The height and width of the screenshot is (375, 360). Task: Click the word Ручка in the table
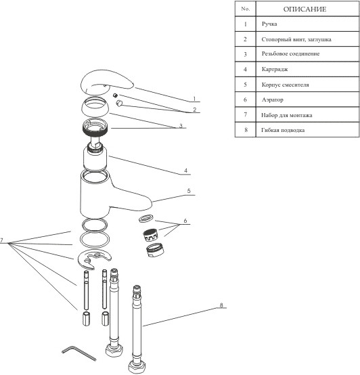tap(269, 24)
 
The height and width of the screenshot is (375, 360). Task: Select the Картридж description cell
tap(307, 69)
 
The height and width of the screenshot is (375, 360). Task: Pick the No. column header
tap(245, 9)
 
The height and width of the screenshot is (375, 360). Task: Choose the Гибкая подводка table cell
tap(307, 130)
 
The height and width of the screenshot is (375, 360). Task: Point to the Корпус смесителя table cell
tap(307, 85)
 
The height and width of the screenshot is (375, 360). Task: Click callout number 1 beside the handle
tap(194, 99)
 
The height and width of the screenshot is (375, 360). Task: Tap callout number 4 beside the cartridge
tap(185, 171)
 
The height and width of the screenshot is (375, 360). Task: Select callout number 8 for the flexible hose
tap(221, 305)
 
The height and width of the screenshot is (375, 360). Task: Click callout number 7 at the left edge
tap(1, 240)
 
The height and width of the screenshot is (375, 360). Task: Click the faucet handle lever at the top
tap(106, 81)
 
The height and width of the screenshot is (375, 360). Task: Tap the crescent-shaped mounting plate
tap(95, 258)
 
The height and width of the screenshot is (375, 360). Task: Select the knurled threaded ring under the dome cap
tap(95, 127)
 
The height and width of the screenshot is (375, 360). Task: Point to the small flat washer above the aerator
tap(145, 218)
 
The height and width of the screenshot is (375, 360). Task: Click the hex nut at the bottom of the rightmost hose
tap(136, 368)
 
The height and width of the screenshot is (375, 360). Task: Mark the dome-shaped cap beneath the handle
tap(95, 106)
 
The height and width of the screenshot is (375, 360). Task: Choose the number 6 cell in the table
tap(245, 100)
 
